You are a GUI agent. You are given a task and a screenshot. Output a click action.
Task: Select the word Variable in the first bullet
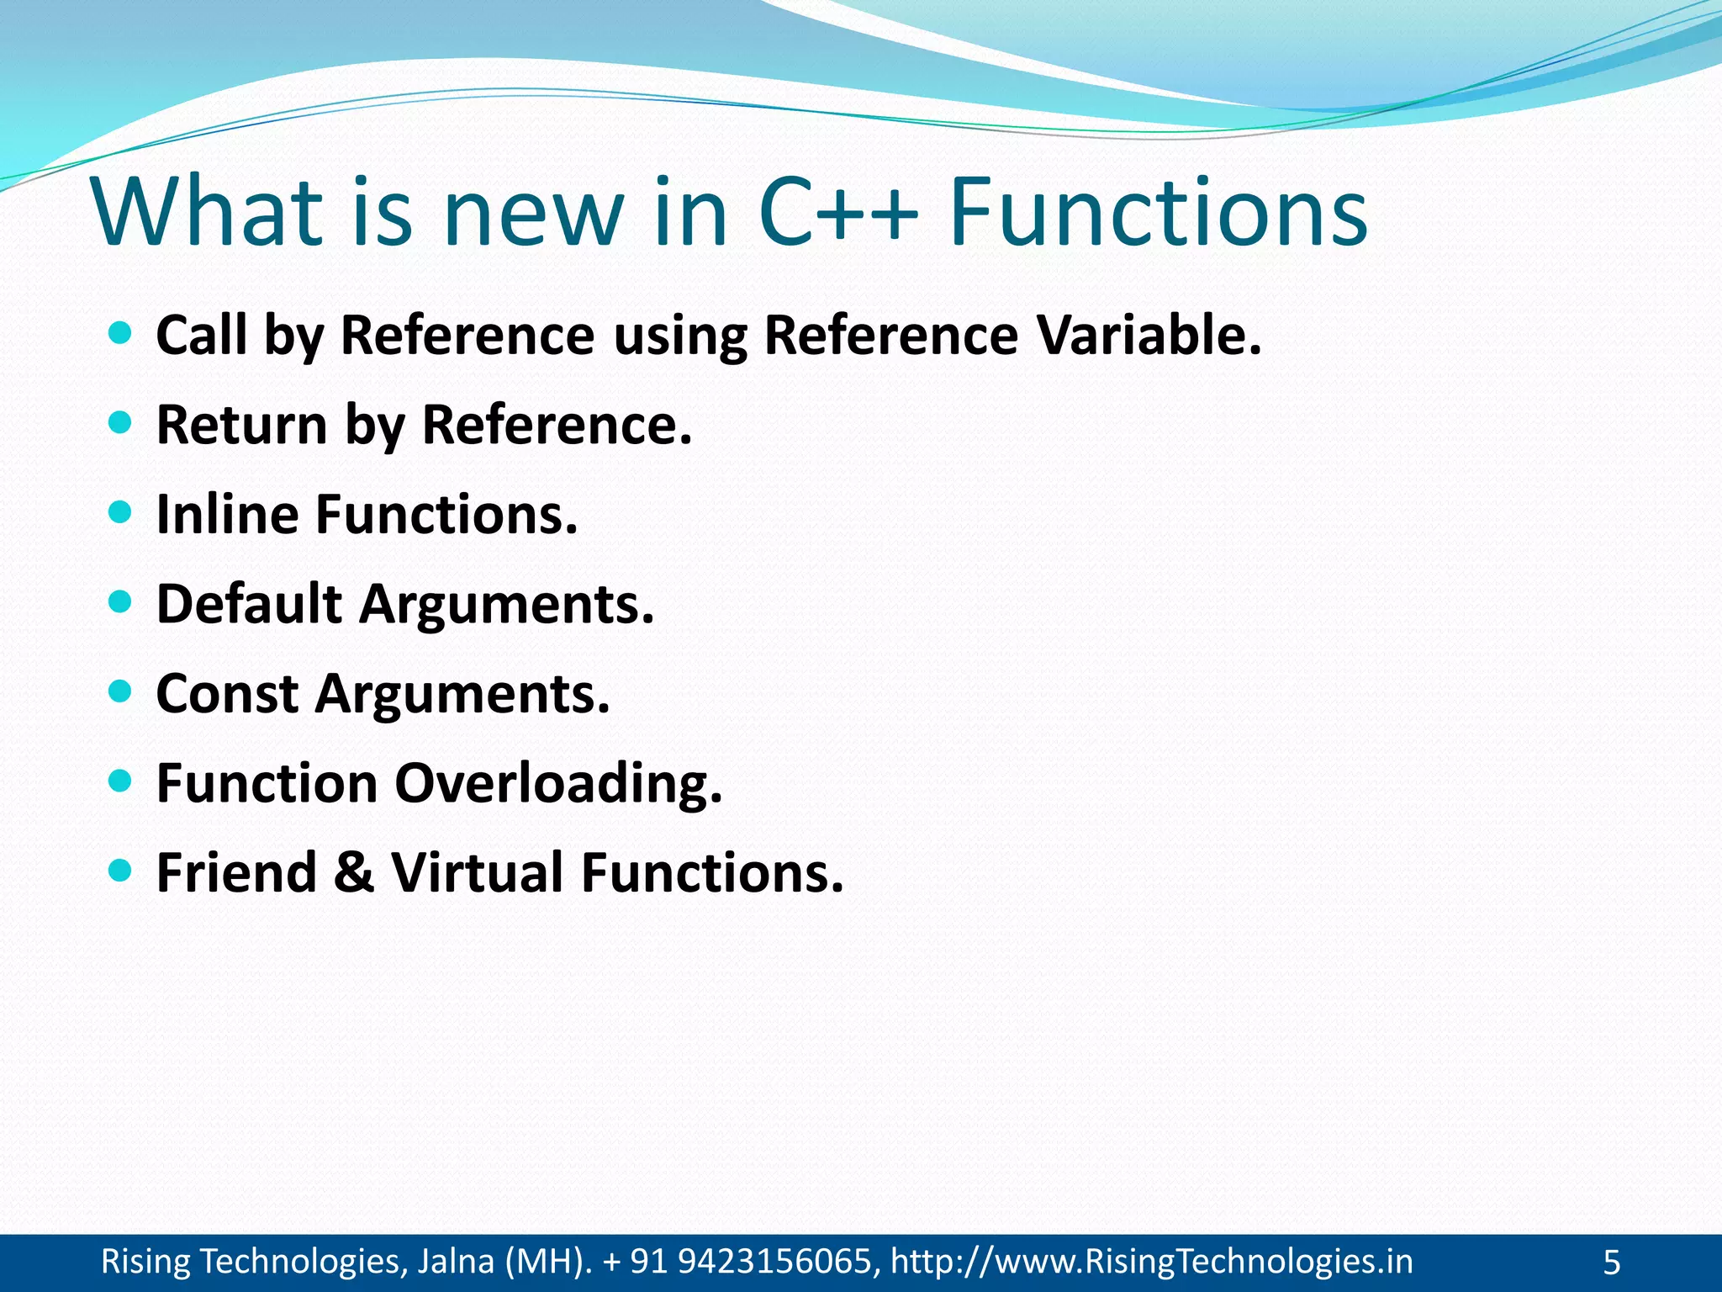point(1149,335)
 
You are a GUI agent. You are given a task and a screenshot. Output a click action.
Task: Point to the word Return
point(241,425)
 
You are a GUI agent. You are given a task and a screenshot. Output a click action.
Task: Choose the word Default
point(249,604)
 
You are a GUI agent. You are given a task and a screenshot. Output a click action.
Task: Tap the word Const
point(227,694)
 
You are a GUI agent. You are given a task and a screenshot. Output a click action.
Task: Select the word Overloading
point(558,784)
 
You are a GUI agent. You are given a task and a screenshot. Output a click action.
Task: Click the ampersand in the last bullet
point(354,872)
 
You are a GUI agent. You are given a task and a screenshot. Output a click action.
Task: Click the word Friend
point(236,872)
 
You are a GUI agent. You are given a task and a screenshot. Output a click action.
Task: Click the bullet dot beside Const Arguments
point(121,691)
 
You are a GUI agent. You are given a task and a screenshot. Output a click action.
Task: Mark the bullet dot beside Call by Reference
point(121,333)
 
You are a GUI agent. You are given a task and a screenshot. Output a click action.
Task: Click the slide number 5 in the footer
point(1611,1263)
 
